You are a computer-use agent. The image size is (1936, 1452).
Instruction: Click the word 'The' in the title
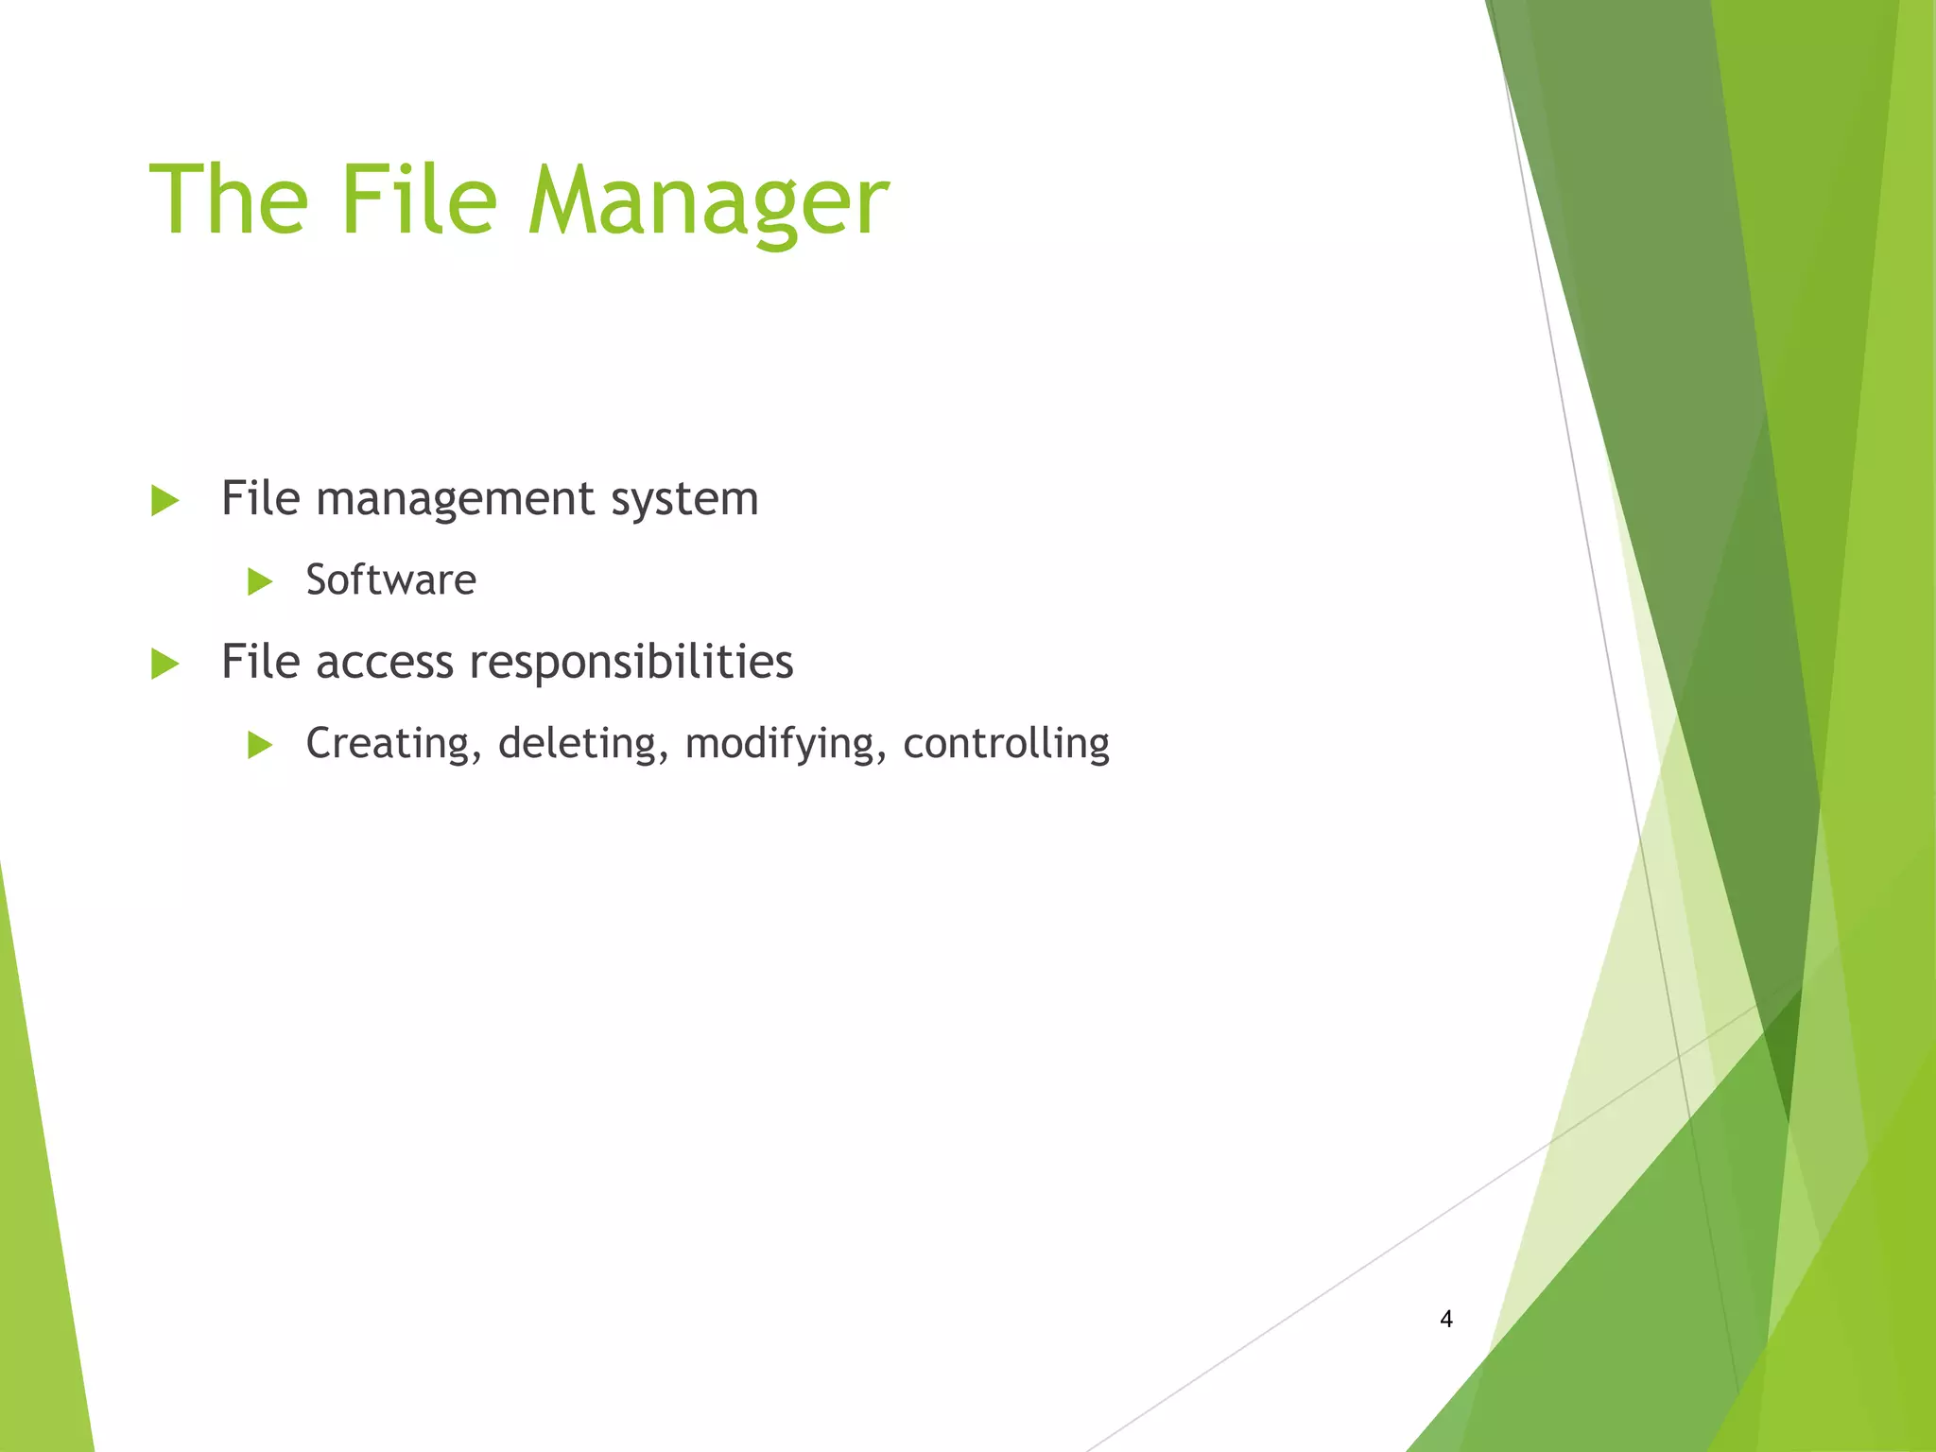point(229,199)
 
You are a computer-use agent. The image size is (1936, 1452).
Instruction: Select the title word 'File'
point(418,199)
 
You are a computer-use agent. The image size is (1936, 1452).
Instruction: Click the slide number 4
point(1445,1319)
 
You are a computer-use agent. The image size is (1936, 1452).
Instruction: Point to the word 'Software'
point(390,579)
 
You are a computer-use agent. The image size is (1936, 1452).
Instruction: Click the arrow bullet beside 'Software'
point(259,581)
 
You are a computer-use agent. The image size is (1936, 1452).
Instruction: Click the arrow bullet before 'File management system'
point(164,500)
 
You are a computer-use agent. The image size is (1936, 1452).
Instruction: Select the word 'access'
point(385,662)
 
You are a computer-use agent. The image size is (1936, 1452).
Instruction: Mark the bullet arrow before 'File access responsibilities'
point(164,664)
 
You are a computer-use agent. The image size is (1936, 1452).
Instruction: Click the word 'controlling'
point(1006,744)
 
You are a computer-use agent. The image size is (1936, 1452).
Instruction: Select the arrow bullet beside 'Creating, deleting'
point(259,745)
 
